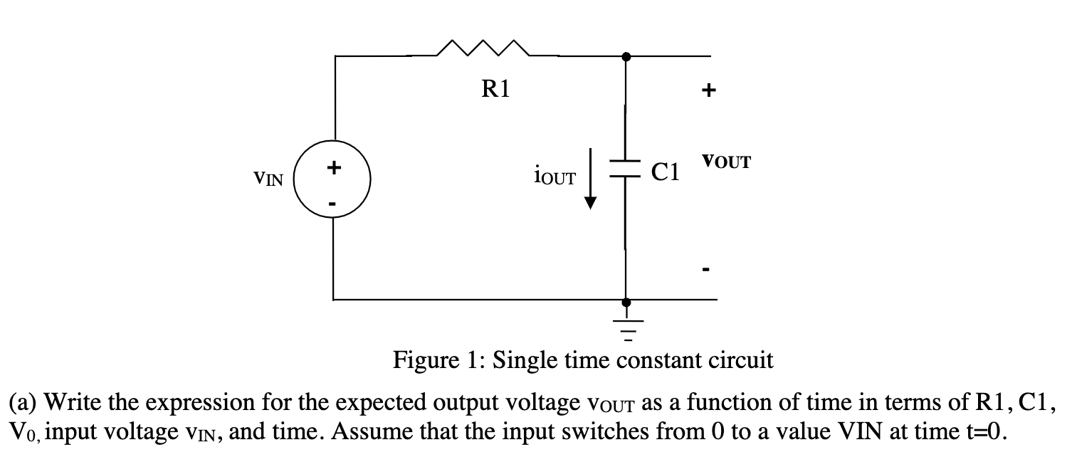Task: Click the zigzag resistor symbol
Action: tap(483, 50)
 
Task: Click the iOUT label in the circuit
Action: tap(553, 174)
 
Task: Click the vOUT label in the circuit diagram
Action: tap(726, 161)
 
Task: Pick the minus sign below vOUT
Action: tap(705, 270)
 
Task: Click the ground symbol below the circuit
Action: tap(626, 322)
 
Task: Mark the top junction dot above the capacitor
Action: tap(626, 56)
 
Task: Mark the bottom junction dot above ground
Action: tap(626, 300)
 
